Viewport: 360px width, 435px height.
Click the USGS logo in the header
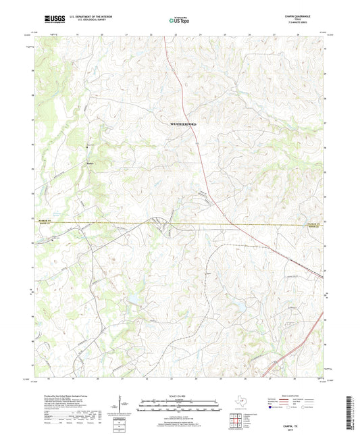tap(51, 20)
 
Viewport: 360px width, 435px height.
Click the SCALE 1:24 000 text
tap(179, 396)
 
